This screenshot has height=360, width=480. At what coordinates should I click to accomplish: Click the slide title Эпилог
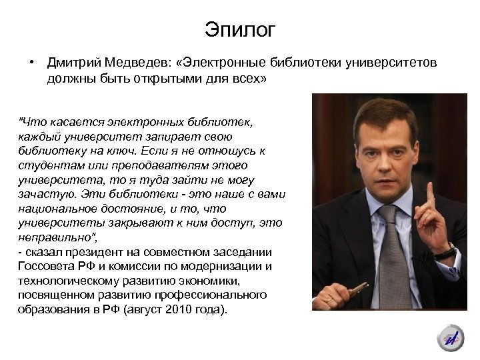(239, 31)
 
